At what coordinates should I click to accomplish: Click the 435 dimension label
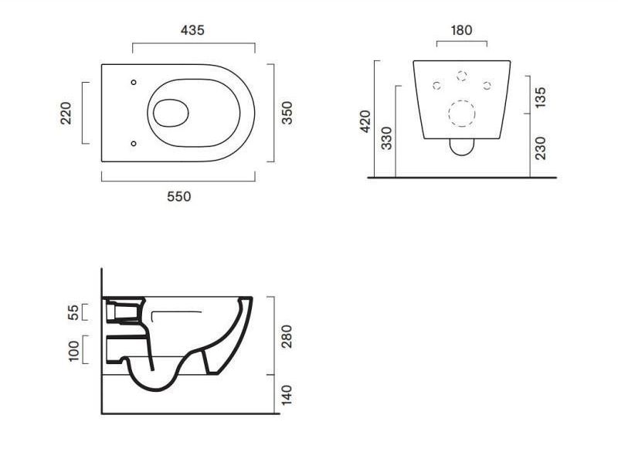point(192,30)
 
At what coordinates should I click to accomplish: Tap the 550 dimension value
point(179,196)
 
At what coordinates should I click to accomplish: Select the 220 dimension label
point(66,113)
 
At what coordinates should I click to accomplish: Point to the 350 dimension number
point(287,113)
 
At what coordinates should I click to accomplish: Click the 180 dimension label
point(461,30)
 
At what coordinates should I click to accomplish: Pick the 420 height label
point(365,121)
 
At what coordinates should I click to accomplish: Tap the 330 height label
point(387,138)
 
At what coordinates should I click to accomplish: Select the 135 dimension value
point(541,97)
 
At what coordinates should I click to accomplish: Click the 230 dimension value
point(541,148)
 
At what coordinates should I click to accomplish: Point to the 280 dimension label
point(287,336)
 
